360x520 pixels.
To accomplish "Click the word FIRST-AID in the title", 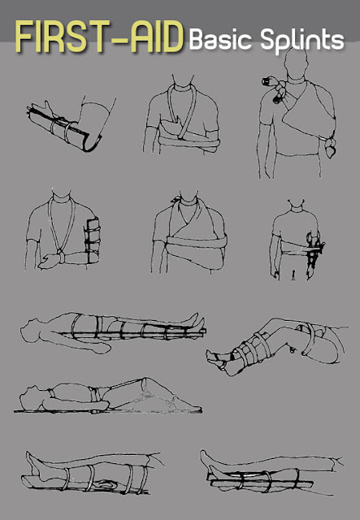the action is coord(99,37).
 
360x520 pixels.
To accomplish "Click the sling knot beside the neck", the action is coord(176,199).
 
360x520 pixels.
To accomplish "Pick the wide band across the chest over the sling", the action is coord(197,242).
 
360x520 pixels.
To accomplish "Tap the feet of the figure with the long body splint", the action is coord(197,322).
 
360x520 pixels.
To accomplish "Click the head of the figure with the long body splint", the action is coord(31,328).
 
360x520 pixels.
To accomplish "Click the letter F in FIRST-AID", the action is coord(24,37).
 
